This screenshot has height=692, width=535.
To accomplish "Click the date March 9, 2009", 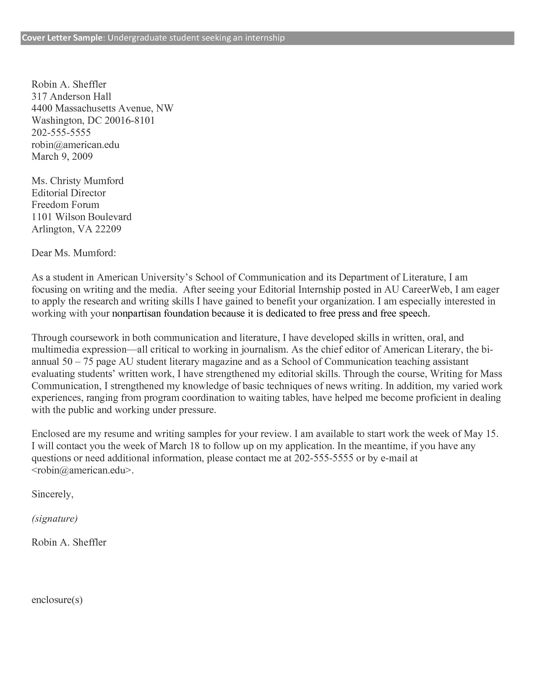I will tap(62, 157).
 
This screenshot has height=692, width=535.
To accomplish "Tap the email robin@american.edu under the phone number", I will tap(76, 145).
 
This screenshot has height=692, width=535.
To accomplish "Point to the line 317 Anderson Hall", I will tap(71, 96).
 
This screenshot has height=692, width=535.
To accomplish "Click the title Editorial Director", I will tap(68, 193).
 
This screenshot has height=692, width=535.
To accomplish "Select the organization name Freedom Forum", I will tap(65, 205).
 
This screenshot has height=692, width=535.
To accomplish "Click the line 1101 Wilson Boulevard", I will tap(81, 217).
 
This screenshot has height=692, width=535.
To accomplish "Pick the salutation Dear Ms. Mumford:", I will tap(73, 253).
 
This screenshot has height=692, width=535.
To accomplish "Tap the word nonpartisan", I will tap(137, 314).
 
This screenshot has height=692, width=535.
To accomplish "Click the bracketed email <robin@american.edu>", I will tap(83, 471).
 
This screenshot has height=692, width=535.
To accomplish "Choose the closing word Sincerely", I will tap(52, 494).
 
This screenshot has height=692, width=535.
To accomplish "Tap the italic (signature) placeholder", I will tap(55, 519).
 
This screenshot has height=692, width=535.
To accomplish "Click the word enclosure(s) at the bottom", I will tap(57, 600).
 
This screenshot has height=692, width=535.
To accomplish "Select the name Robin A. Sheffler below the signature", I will tap(69, 543).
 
